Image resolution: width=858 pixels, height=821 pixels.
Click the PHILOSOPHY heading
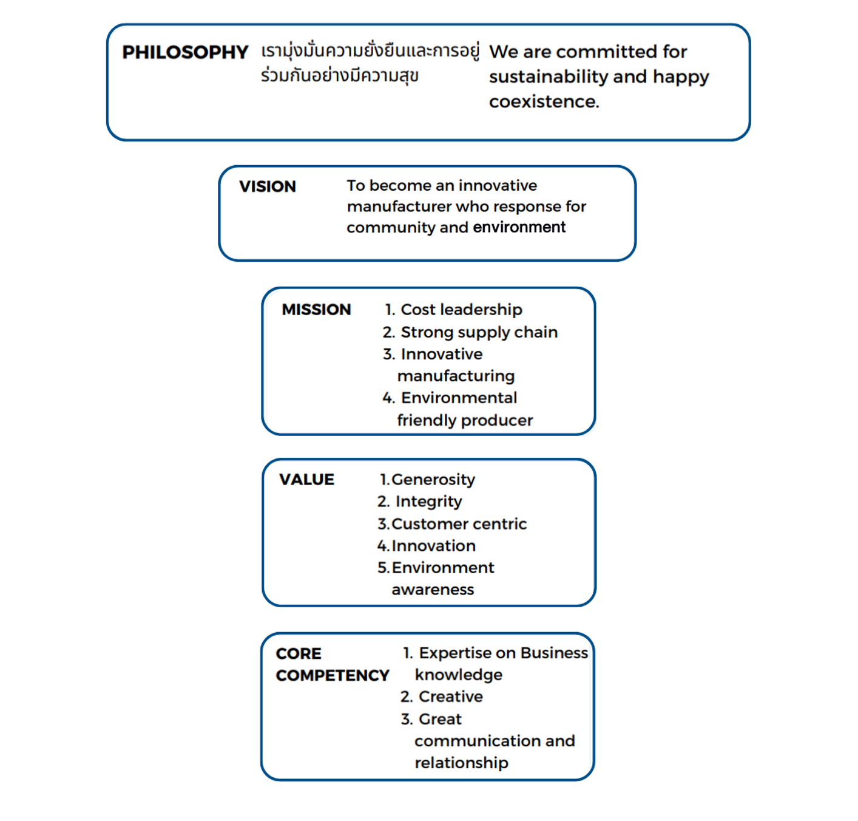click(x=185, y=52)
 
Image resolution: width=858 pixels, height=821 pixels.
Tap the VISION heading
click(x=267, y=186)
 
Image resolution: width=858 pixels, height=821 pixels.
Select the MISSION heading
click(x=316, y=309)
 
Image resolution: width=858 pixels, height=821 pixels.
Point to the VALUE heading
click(x=306, y=479)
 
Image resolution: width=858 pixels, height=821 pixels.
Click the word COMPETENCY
click(x=333, y=675)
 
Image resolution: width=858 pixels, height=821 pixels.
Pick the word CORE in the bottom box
click(x=299, y=653)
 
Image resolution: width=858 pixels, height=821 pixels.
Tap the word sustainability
click(x=548, y=77)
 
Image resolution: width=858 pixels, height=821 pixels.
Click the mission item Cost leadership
click(x=461, y=310)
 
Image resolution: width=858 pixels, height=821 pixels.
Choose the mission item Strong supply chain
click(x=479, y=332)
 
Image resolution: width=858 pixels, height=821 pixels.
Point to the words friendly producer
click(x=465, y=420)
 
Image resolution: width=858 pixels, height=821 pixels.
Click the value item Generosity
click(x=433, y=480)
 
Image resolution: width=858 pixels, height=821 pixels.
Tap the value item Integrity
click(x=428, y=502)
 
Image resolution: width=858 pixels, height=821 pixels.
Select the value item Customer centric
click(x=459, y=523)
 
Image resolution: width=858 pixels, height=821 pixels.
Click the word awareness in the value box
click(x=433, y=590)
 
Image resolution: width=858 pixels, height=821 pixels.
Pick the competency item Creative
click(x=451, y=696)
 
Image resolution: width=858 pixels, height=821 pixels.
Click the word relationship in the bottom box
click(x=461, y=763)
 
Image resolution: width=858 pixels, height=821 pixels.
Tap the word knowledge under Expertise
click(x=459, y=675)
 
